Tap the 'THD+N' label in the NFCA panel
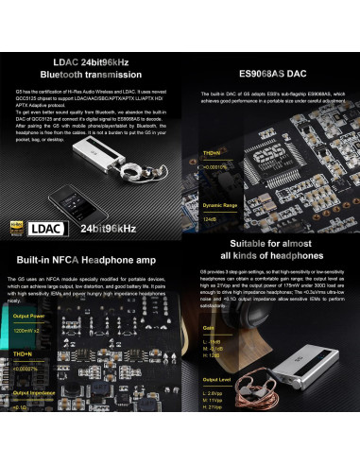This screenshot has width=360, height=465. click(23, 353)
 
